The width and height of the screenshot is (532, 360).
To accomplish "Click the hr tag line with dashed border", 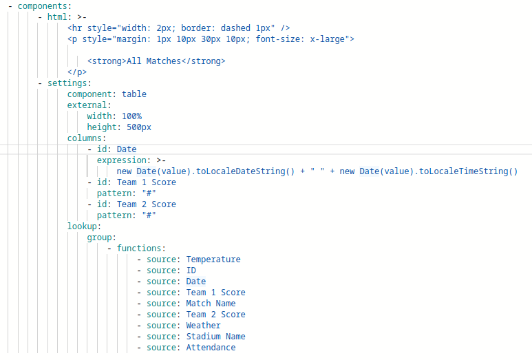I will tap(178, 28).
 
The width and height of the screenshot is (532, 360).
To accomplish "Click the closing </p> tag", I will tap(77, 72).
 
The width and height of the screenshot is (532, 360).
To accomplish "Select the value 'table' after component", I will tap(134, 94).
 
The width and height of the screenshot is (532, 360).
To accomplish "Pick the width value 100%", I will tap(131, 116).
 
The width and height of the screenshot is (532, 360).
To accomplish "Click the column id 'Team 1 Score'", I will tap(147, 182).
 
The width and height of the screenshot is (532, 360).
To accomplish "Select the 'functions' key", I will tap(139, 248).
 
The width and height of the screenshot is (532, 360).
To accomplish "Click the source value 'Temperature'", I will tap(213, 260).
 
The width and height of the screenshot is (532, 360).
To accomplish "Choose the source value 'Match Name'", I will tap(211, 304).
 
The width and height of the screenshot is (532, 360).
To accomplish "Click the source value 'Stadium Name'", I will tap(215, 337).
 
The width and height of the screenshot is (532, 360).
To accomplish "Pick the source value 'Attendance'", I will tap(211, 348).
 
